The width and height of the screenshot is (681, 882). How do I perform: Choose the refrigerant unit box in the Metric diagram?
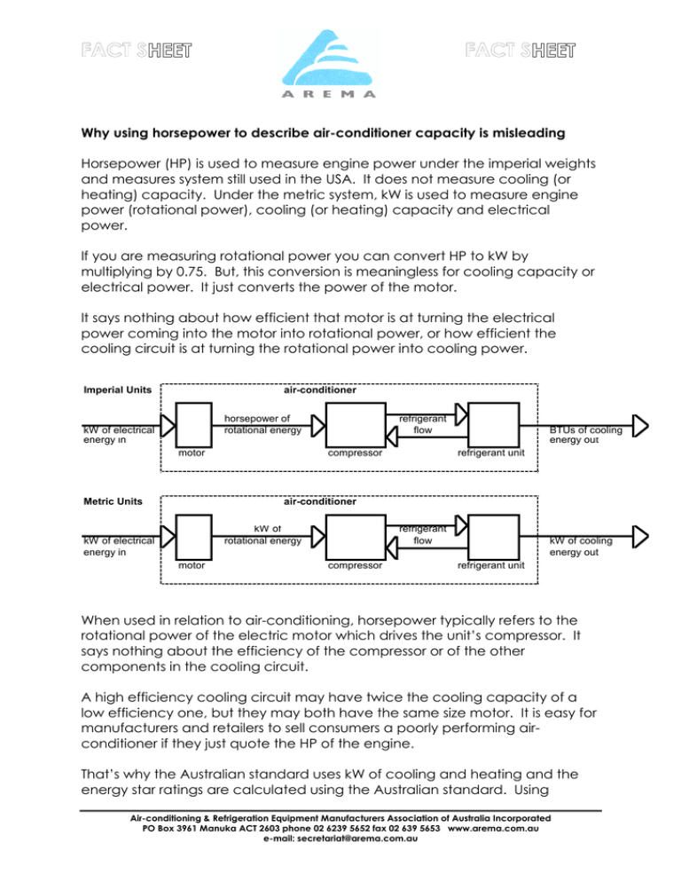point(490,534)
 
